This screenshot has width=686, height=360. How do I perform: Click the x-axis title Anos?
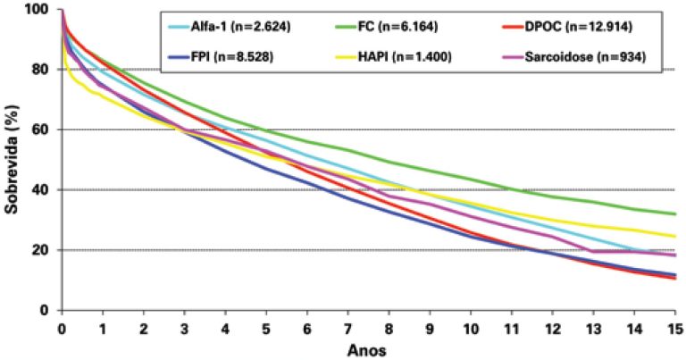click(367, 349)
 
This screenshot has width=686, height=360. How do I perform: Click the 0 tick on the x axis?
click(62, 327)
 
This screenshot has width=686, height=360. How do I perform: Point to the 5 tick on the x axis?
click(266, 327)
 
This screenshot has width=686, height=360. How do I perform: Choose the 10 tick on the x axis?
click(470, 327)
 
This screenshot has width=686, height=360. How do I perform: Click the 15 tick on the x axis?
click(674, 327)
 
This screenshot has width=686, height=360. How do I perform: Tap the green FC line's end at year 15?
click(674, 214)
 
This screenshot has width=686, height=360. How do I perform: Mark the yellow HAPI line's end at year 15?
click(674, 237)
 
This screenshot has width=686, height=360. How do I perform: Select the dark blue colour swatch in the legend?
click(183, 57)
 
